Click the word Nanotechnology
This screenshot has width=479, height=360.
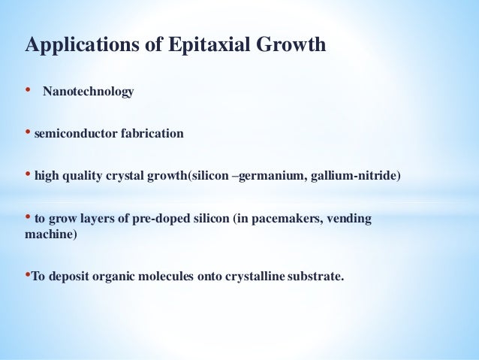point(88,92)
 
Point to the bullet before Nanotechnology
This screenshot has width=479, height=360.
point(29,92)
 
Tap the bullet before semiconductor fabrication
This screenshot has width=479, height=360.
point(29,134)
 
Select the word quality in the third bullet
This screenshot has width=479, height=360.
point(80,177)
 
